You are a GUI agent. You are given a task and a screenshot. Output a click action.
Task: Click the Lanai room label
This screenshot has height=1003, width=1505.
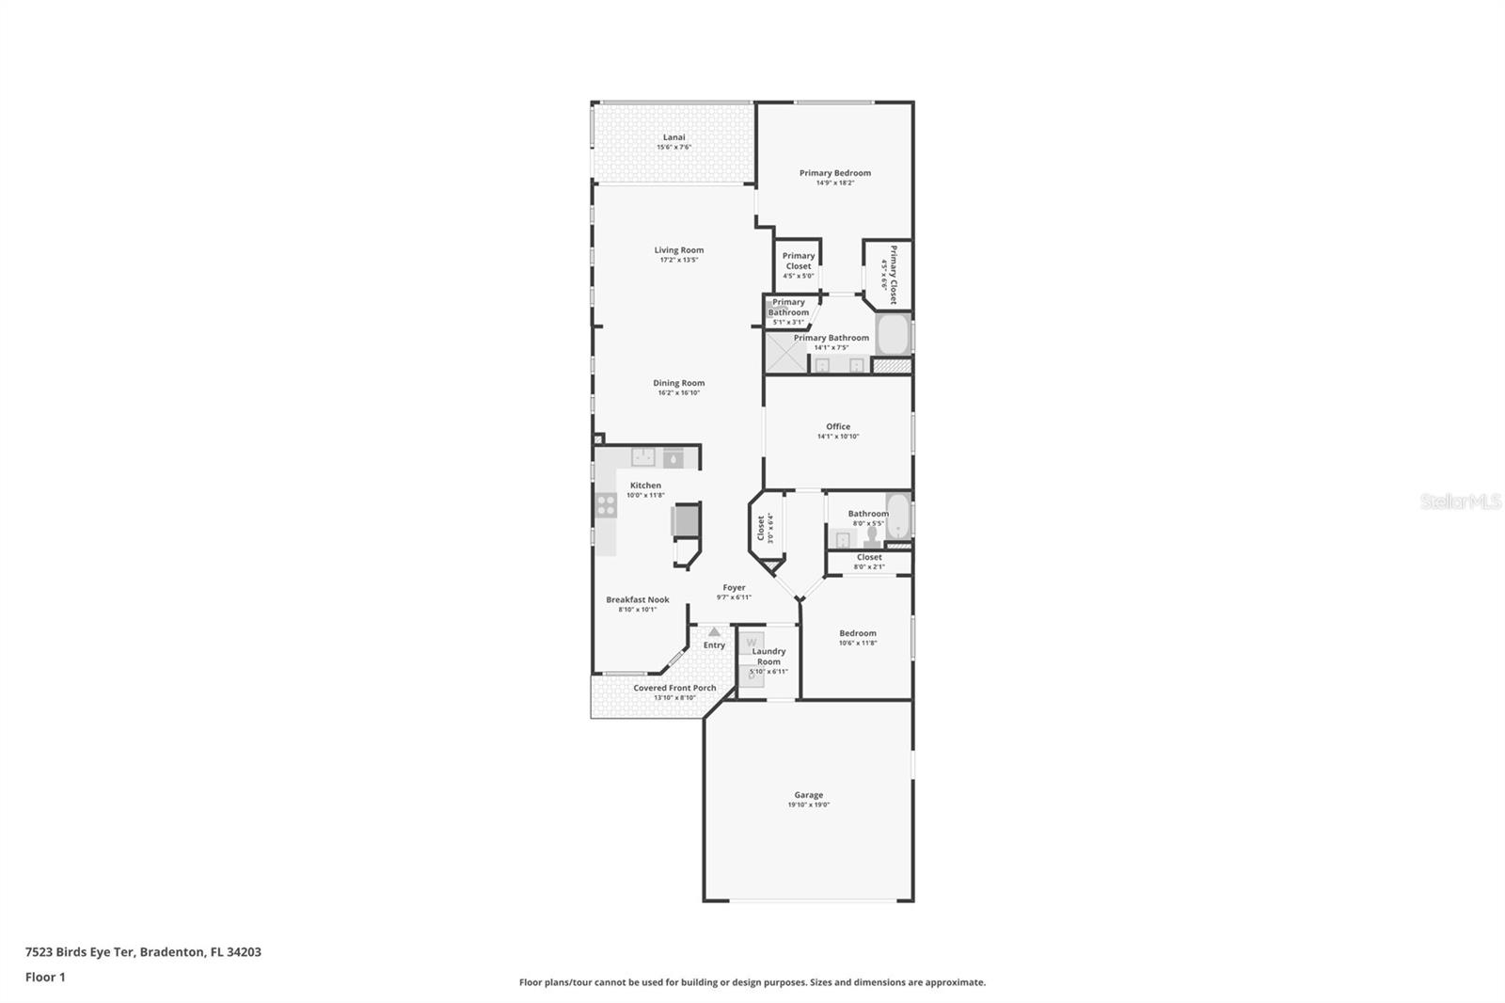(x=673, y=137)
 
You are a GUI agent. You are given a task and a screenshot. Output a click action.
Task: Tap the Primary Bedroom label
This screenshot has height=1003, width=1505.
(x=834, y=173)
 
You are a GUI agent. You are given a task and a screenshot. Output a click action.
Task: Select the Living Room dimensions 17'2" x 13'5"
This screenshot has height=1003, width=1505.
(x=678, y=260)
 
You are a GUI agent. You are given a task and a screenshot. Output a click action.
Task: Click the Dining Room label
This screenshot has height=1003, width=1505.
(x=678, y=383)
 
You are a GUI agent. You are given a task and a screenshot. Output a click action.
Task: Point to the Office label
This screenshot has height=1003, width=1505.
(x=837, y=426)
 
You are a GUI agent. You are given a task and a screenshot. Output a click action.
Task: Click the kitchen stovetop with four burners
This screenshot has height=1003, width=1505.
(x=606, y=505)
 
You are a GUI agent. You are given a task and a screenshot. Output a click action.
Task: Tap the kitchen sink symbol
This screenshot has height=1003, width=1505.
(x=643, y=457)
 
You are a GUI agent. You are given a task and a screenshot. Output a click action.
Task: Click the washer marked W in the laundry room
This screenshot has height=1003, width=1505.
(x=751, y=643)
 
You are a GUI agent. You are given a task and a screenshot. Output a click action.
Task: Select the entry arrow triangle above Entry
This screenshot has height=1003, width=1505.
(x=714, y=632)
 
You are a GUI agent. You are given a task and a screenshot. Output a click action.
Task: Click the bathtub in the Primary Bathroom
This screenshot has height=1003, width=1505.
(x=892, y=335)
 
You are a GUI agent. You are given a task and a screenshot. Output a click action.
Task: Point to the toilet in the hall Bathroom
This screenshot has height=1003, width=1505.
(x=872, y=535)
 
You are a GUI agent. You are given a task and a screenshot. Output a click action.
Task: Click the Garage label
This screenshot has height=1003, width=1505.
(x=808, y=795)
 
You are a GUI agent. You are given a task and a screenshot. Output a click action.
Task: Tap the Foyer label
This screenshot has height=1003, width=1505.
(x=734, y=587)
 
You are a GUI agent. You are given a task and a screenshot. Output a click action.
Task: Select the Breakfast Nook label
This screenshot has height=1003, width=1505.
(x=637, y=599)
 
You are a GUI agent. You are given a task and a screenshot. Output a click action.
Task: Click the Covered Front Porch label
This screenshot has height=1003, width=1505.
(x=673, y=688)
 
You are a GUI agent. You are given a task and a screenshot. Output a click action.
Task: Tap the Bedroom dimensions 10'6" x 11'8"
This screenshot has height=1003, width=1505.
(x=857, y=643)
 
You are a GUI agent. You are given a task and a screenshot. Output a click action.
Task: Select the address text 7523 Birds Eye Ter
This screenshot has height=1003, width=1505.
(x=80, y=951)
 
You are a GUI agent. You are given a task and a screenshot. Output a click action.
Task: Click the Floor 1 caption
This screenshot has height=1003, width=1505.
(x=45, y=977)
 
